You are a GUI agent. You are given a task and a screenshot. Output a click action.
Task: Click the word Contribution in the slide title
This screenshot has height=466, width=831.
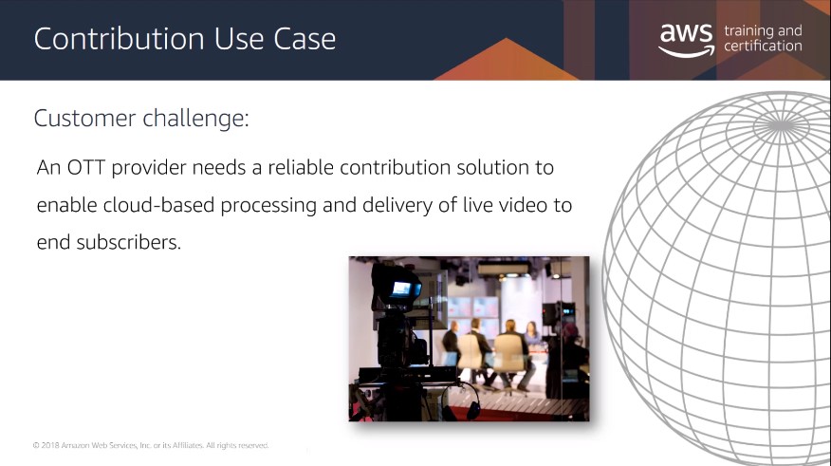120,39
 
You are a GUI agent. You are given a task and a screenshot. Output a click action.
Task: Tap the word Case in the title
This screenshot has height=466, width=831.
305,39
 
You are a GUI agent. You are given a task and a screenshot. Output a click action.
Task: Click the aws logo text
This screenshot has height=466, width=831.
686,33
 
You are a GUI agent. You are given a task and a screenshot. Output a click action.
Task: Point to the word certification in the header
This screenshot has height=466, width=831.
763,47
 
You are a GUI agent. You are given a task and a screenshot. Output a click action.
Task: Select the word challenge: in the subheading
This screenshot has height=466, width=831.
195,119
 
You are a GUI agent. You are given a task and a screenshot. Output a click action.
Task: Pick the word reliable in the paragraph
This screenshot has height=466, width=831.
301,168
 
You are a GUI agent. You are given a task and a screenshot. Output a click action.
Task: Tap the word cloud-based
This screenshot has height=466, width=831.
158,205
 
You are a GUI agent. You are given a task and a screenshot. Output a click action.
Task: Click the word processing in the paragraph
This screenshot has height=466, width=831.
268,206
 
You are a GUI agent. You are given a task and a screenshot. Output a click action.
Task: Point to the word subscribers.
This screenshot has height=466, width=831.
129,242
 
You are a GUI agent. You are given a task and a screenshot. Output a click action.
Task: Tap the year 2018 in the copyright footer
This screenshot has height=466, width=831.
50,445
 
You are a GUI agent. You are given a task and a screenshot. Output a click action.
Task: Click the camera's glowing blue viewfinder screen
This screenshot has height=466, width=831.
402,289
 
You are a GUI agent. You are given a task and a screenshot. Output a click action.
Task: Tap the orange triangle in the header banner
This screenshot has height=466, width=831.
507,60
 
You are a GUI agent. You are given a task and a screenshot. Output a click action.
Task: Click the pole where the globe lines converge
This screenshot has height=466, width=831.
781,126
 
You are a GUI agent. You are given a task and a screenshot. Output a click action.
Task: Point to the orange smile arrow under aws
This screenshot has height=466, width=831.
686,51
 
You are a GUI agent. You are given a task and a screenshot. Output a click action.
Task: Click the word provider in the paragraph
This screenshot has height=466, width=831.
149,169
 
